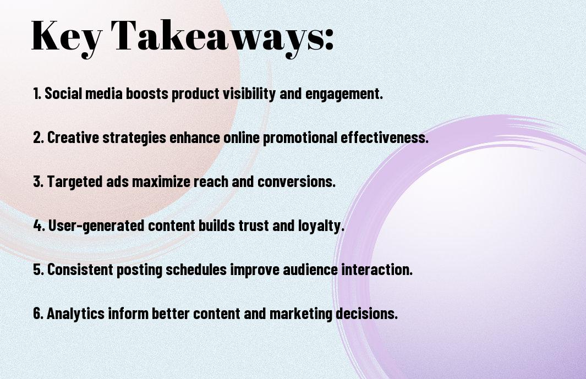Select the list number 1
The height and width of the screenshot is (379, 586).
coord(37,94)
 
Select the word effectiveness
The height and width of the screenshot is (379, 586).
coord(384,138)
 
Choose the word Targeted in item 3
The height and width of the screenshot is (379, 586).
coord(75,182)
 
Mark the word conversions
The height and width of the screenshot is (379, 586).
coord(297,182)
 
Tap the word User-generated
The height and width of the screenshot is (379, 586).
coord(96,226)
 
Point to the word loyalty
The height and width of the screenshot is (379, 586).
coord(321,226)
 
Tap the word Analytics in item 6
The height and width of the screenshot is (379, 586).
coord(75,314)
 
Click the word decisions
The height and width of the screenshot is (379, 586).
coord(366,314)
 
